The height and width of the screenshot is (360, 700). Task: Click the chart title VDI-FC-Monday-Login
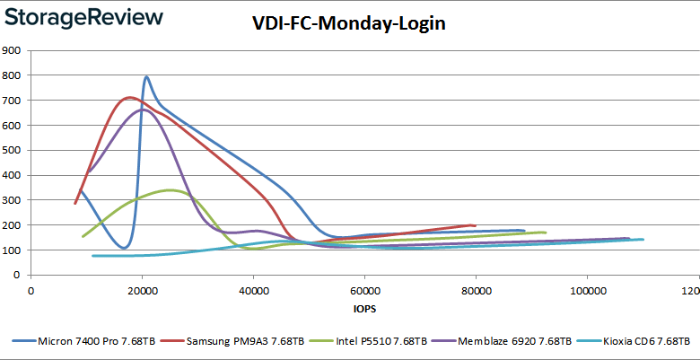pyautogui.click(x=349, y=24)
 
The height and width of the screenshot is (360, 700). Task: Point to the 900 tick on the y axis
pyautogui.click(x=13, y=50)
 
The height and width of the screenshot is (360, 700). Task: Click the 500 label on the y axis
pyautogui.click(x=13, y=150)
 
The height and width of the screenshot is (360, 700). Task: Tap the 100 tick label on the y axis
pyautogui.click(x=13, y=250)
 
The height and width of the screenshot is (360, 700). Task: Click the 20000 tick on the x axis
pyautogui.click(x=143, y=291)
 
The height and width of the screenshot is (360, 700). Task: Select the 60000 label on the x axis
pyautogui.click(x=364, y=291)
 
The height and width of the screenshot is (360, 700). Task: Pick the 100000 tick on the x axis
pyautogui.click(x=586, y=291)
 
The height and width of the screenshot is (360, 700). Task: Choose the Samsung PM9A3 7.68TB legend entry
pyautogui.click(x=244, y=341)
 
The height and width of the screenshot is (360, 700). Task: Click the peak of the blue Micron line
pyautogui.click(x=146, y=77)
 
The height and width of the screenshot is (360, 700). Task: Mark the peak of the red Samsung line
pyautogui.click(x=129, y=97)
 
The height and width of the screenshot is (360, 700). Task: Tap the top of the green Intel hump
pyautogui.click(x=171, y=190)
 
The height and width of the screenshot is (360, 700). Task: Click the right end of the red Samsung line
pyautogui.click(x=474, y=225)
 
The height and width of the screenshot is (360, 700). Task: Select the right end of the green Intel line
pyautogui.click(x=545, y=233)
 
